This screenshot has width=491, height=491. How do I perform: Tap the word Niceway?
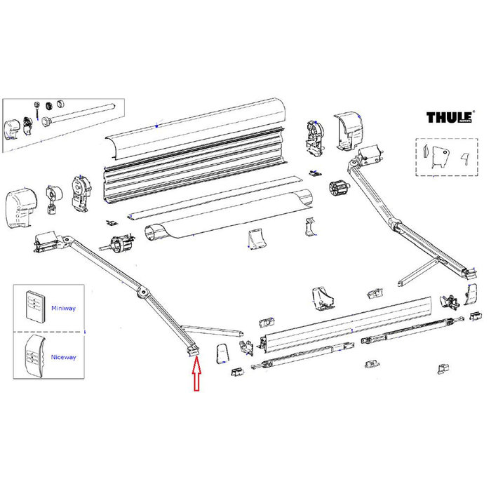click(x=62, y=357)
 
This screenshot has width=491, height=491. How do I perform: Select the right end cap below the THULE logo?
click(x=349, y=132)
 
